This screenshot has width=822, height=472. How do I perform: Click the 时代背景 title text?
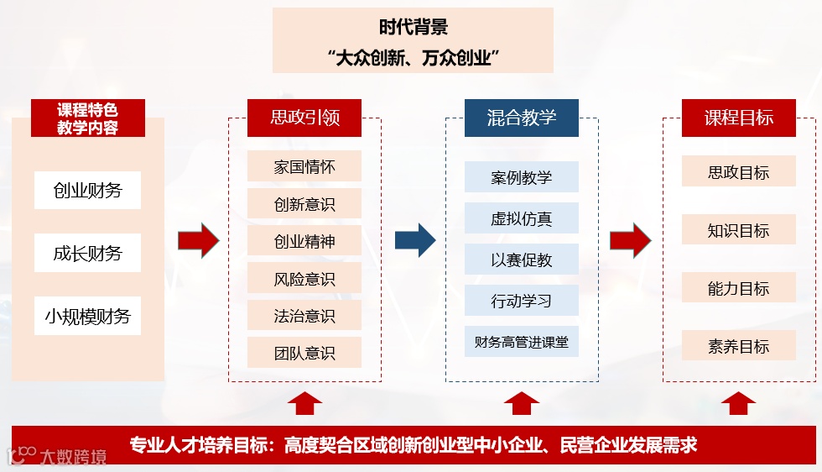[x=413, y=27]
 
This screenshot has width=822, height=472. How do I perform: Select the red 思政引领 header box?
[x=304, y=118]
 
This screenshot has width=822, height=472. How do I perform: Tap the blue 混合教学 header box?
[x=521, y=118]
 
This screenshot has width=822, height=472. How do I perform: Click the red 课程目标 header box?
[x=738, y=118]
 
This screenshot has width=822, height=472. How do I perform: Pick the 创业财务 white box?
[x=87, y=191]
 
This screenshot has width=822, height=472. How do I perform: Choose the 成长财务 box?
[x=87, y=253]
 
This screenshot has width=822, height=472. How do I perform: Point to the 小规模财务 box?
[x=87, y=316]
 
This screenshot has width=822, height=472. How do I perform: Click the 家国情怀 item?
[x=304, y=166]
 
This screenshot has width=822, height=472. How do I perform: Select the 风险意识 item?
[x=304, y=278]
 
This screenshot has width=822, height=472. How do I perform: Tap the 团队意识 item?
[x=304, y=353]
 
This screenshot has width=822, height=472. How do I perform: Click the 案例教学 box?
[x=521, y=177]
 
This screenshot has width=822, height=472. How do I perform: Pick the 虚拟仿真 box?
[x=521, y=218]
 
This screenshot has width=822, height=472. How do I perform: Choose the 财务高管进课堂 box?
[x=521, y=342]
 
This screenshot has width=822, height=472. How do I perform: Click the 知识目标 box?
[x=738, y=230]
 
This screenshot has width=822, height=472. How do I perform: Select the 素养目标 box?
[x=738, y=346]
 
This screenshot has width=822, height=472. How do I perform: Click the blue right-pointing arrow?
[x=415, y=240]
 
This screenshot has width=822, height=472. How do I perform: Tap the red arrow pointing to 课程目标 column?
[x=631, y=241]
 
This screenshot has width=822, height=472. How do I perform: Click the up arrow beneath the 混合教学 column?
[x=521, y=403]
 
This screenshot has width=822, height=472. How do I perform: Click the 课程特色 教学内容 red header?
[x=87, y=118]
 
